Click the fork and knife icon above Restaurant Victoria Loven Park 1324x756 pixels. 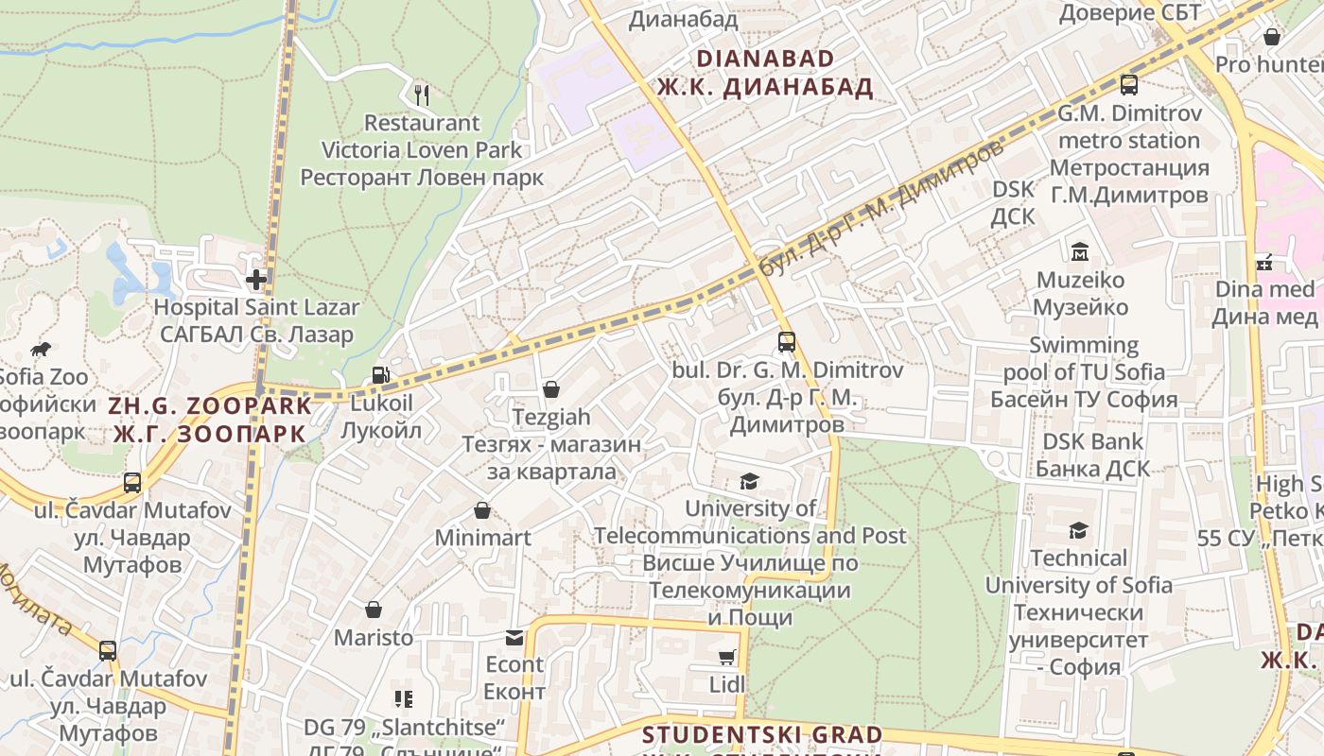coord(422,94)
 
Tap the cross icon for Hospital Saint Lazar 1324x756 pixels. coord(256,280)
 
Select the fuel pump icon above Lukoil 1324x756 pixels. coord(380,375)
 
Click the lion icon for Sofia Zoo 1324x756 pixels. coord(41,350)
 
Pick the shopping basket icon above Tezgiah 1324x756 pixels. coord(551,389)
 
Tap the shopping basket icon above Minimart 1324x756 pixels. coord(482,511)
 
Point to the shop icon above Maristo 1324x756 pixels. coord(374,610)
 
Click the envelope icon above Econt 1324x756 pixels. coord(514,638)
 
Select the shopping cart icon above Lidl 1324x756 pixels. coord(727,657)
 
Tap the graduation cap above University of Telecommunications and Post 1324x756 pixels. coord(750,481)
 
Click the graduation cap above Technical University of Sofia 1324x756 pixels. coord(1078,530)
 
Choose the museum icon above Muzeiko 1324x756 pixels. coord(1080,252)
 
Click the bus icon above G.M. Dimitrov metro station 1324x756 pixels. coord(1129,85)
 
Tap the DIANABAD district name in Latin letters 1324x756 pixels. coord(765,59)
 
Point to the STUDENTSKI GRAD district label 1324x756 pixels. coord(762,735)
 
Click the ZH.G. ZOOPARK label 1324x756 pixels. coord(210,406)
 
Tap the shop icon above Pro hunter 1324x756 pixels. coord(1272,37)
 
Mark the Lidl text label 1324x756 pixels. coord(727,684)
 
